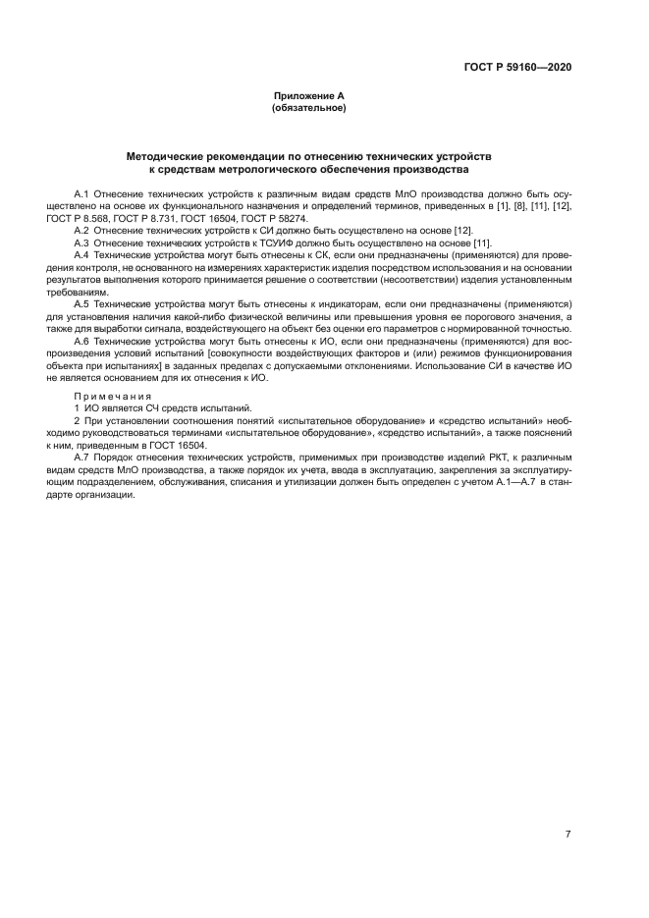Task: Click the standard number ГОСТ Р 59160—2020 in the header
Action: [517, 68]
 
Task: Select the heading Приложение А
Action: [308, 96]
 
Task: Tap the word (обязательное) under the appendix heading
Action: [308, 108]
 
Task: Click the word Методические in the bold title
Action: [166, 156]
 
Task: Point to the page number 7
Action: [568, 835]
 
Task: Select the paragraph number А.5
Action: [81, 304]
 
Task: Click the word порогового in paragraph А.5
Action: [476, 316]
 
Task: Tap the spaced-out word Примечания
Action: [111, 396]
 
